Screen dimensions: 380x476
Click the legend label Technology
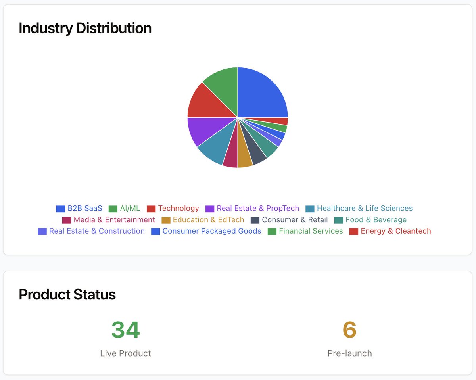pyautogui.click(x=178, y=208)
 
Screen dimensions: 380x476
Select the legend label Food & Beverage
pyautogui.click(x=376, y=220)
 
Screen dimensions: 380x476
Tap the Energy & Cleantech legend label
pyautogui.click(x=395, y=231)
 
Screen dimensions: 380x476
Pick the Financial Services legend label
pyautogui.click(x=311, y=231)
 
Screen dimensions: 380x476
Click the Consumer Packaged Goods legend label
pyautogui.click(x=212, y=231)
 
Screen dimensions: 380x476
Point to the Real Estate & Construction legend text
pyautogui.click(x=97, y=231)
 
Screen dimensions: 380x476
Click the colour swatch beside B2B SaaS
pyautogui.click(x=60, y=209)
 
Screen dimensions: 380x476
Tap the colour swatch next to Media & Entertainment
pyautogui.click(x=67, y=220)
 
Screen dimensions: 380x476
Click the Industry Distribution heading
pyautogui.click(x=85, y=28)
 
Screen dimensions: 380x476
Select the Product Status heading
pyautogui.click(x=67, y=294)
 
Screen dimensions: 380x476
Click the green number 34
pyautogui.click(x=125, y=330)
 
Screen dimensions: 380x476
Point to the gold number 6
pyautogui.click(x=349, y=330)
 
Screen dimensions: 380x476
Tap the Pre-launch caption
pyautogui.click(x=349, y=353)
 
